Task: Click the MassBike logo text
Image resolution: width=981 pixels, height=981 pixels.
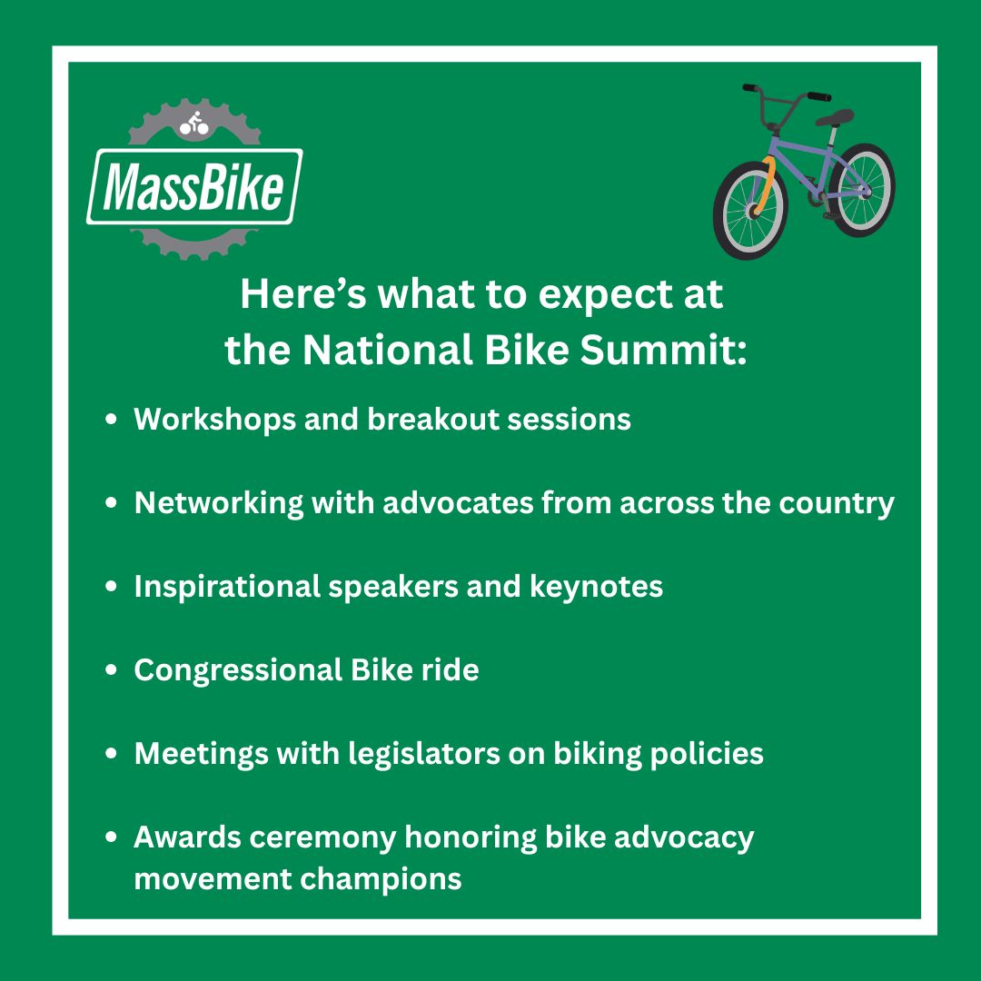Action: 194,187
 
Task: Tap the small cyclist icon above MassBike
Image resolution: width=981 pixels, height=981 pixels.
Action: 194,124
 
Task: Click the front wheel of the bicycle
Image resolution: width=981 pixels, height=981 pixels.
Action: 750,210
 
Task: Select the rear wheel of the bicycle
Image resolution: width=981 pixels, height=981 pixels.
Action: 862,190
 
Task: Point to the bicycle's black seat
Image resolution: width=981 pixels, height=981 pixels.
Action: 836,117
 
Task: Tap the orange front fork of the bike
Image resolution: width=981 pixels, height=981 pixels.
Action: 765,185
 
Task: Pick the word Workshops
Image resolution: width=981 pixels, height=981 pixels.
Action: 214,420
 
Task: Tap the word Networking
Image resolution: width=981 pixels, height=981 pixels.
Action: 219,504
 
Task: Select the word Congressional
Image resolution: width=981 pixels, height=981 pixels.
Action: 238,670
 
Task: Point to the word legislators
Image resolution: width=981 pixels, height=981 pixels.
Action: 424,754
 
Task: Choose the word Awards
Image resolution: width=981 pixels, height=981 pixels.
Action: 187,837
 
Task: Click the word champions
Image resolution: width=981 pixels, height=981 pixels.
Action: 381,880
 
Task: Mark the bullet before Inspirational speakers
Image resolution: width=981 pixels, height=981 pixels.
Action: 112,586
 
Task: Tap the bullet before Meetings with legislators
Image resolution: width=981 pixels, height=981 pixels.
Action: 112,753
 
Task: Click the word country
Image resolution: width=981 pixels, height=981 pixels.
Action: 837,504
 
